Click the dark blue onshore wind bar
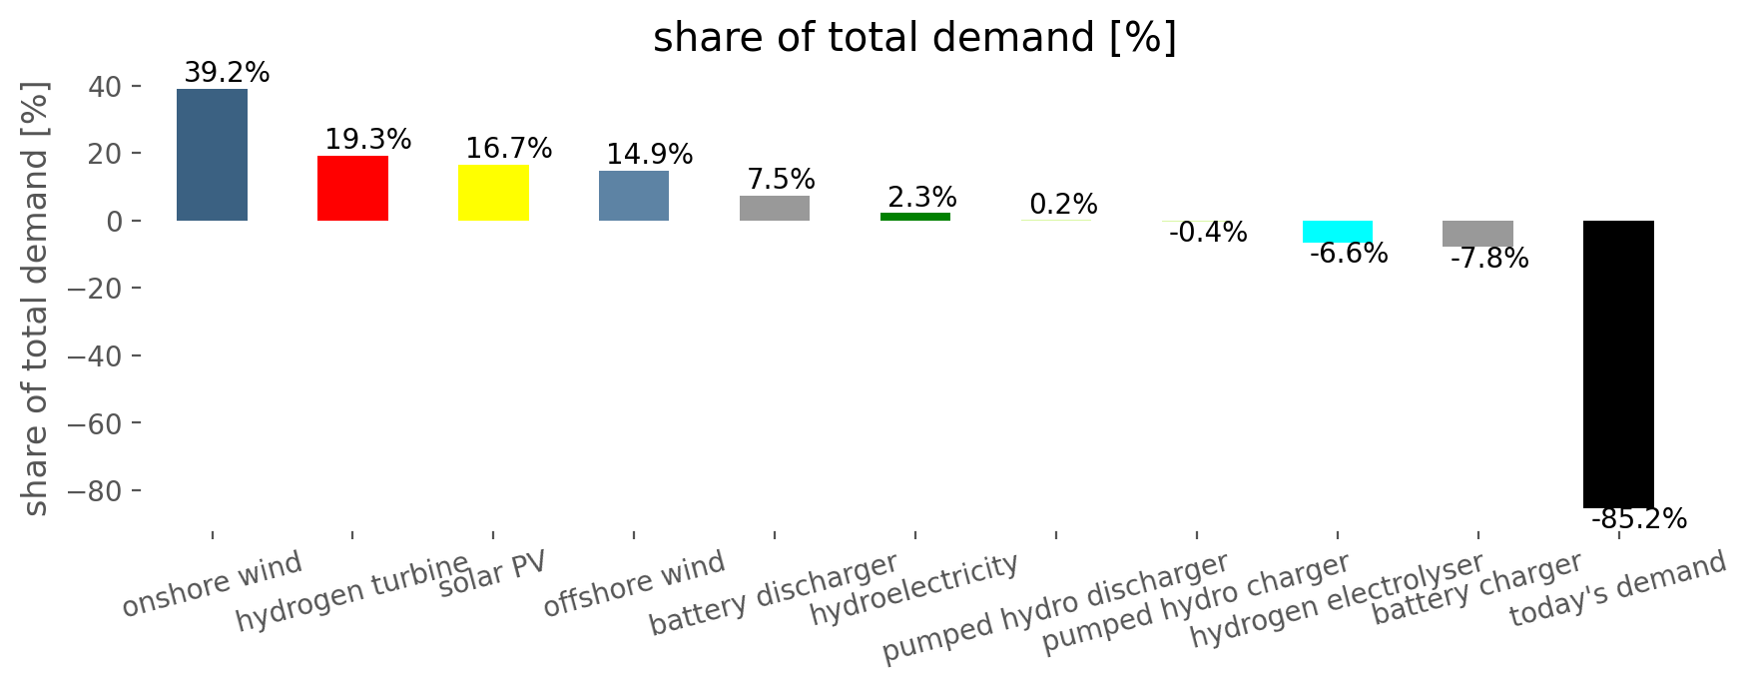click(212, 155)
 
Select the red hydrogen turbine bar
click(352, 188)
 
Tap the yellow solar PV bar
click(493, 193)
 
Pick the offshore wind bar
click(634, 196)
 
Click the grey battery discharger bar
click(775, 208)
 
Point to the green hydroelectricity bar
click(915, 217)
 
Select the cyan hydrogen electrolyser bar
click(1338, 232)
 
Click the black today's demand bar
click(1618, 363)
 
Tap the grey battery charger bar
click(1477, 234)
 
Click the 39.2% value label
click(227, 73)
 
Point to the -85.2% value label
click(1638, 519)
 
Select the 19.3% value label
click(367, 140)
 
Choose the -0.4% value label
click(1207, 233)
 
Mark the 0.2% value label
click(1063, 205)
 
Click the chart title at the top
click(914, 38)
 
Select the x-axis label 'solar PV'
click(493, 573)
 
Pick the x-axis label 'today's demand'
click(1617, 588)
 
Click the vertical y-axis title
click(35, 300)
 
